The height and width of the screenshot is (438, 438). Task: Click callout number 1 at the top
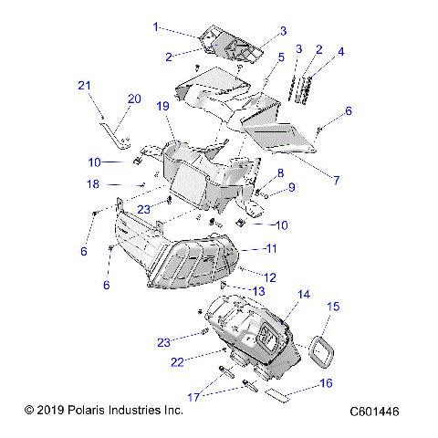155,26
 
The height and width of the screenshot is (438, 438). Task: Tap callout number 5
281,57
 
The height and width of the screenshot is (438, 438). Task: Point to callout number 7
335,181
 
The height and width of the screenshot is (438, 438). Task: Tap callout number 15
333,308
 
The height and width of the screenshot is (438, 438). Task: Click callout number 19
164,107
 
